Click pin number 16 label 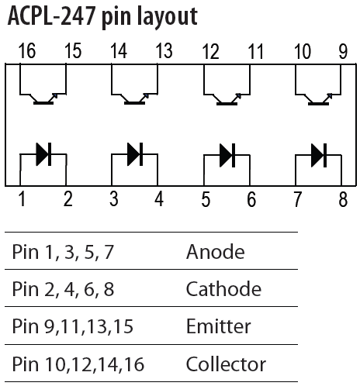27,51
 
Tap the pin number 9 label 343,51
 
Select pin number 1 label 22,198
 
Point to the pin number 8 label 343,199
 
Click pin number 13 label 164,51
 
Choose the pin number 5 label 206,199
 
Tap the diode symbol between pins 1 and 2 43,154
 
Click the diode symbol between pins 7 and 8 319,155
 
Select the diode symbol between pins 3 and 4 135,154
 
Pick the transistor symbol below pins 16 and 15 43,98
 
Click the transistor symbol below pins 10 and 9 318,99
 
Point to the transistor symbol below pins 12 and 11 227,99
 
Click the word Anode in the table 216,251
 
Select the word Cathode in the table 223,288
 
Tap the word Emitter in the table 219,326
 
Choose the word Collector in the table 226,364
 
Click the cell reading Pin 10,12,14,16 78,364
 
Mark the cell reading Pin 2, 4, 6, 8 63,288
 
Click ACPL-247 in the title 52,16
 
